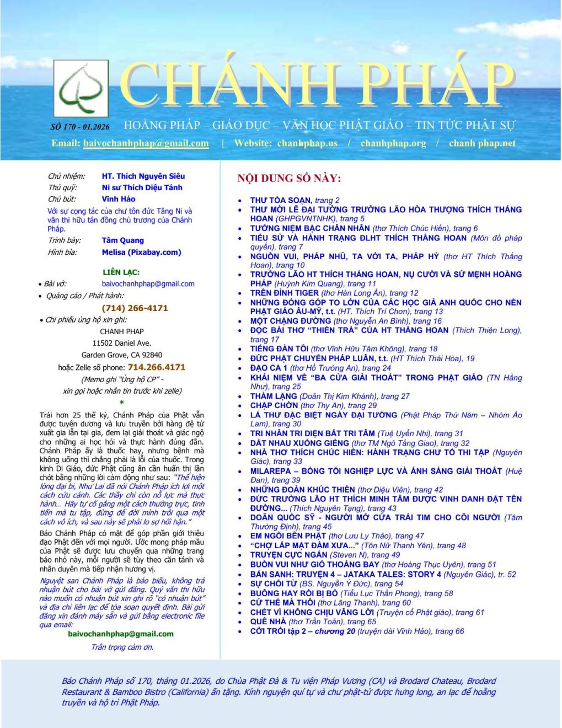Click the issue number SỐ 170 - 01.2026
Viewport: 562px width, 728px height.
pos(80,126)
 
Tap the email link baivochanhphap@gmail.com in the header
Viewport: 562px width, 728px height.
pos(146,143)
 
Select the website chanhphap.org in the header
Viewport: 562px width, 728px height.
pos(393,143)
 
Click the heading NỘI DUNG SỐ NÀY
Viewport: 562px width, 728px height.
pos(289,178)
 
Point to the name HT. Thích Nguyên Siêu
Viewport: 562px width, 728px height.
pos(143,176)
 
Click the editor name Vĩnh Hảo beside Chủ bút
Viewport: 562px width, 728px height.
pos(118,199)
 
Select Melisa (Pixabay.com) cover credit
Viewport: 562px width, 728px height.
pos(141,252)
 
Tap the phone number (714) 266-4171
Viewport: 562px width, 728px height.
pos(135,308)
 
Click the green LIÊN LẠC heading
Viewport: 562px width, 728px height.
pos(121,272)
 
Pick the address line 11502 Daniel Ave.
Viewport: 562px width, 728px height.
pos(121,343)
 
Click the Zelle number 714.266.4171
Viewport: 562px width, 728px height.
pos(156,367)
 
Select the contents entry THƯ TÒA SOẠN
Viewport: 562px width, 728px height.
pos(281,200)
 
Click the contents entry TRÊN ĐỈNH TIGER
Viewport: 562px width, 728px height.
pos(285,293)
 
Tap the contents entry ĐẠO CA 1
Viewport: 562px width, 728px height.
pos(269,368)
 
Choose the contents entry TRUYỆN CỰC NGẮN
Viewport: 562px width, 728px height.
pos(288,555)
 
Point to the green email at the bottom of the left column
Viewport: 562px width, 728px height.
pos(121,634)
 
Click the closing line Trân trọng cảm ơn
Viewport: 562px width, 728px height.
pos(122,647)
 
